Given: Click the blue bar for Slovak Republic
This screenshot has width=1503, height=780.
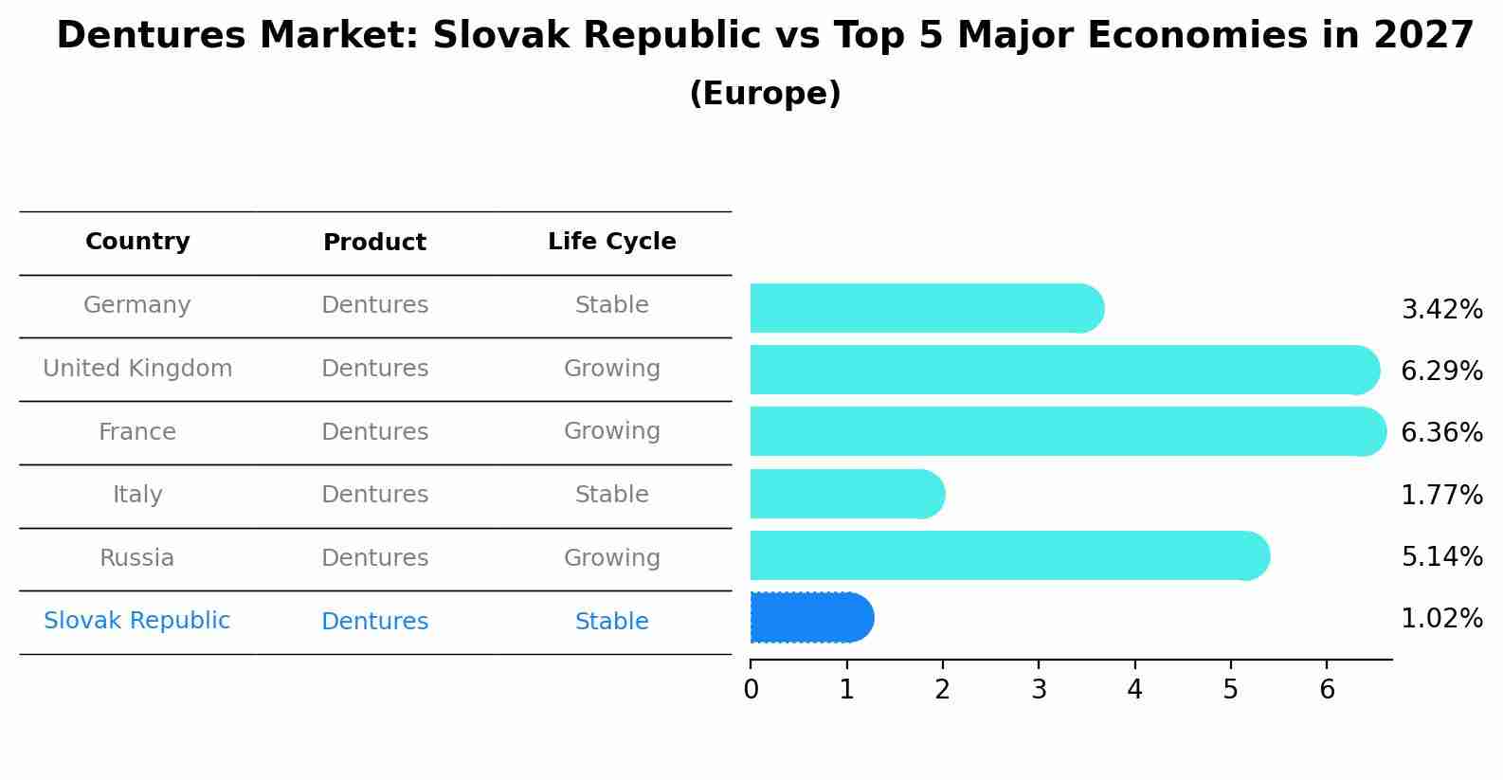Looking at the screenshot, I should pos(811,618).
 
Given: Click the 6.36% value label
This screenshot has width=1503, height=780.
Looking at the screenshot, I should pos(1441,433).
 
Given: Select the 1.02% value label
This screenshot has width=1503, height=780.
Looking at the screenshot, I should pos(1441,619).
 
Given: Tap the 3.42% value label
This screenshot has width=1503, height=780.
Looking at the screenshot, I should pos(1441,310).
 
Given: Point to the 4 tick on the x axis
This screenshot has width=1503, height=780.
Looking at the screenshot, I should pos(1134,690).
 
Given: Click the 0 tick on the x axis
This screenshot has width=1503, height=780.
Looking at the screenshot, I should pos(751,690).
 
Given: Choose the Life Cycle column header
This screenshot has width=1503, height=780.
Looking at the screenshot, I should pos(611,242).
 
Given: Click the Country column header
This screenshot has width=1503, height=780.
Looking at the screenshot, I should pos(137,242).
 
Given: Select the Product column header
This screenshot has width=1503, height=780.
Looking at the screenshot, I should pos(374,243).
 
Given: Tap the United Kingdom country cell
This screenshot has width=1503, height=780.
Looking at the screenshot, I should pos(137,369).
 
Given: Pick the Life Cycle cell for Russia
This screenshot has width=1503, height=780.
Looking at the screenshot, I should pos(611,558).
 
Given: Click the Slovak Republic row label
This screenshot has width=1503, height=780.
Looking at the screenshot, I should pos(136,621).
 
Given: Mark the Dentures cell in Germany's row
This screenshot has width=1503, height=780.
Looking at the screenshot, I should pos(374,305).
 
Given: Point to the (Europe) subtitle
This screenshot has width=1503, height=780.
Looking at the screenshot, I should pos(765,94).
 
